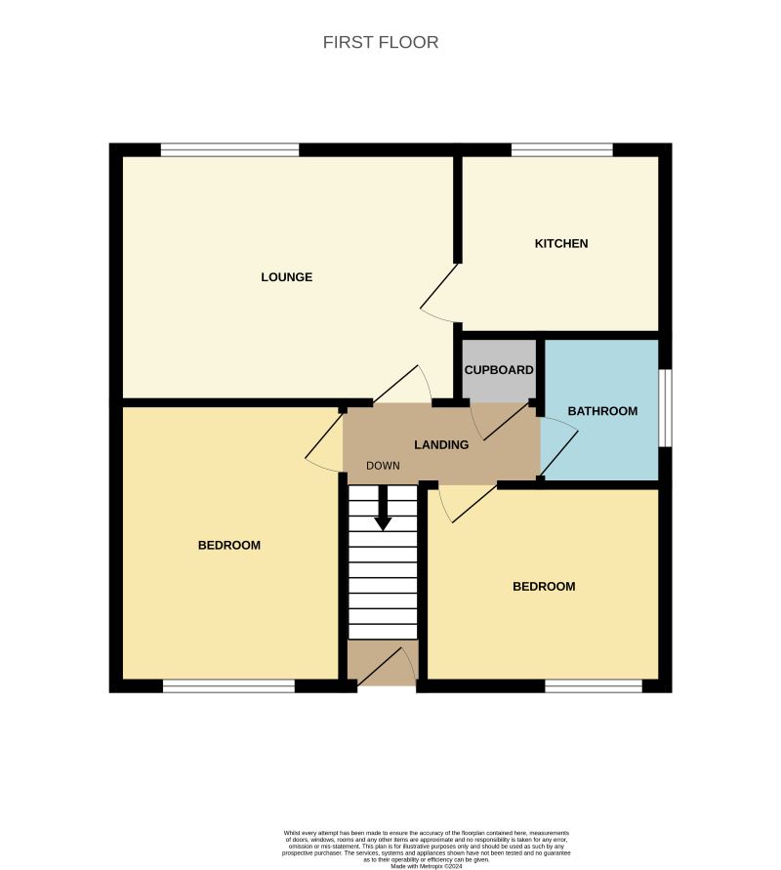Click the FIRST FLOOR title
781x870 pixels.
tap(381, 43)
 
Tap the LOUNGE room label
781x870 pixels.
tap(286, 277)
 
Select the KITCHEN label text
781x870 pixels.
tap(561, 243)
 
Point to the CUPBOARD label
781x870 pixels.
tap(499, 370)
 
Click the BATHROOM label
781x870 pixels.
tap(602, 411)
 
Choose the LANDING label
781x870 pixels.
tap(441, 444)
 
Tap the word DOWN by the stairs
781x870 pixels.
tap(384, 466)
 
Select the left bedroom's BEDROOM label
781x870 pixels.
tap(229, 545)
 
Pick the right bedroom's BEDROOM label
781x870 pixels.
tap(544, 587)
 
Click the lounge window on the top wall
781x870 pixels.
tap(230, 150)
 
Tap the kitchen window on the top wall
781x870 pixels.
tap(561, 150)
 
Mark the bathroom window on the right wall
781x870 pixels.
tap(664, 407)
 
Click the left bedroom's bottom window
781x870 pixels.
tap(228, 686)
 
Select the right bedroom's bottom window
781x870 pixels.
tap(593, 686)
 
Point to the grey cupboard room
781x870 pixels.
tap(499, 386)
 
